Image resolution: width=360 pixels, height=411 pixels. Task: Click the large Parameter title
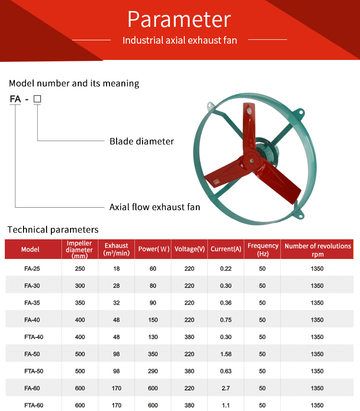(x=180, y=19)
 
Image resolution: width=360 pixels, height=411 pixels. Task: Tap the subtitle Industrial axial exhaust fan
(x=180, y=40)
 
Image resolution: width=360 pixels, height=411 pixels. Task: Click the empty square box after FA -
(x=37, y=99)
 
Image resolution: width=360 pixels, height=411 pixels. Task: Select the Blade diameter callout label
(x=142, y=141)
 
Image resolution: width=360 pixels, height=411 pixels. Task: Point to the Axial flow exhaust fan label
(x=155, y=207)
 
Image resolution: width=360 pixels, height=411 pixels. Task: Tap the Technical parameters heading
(x=53, y=230)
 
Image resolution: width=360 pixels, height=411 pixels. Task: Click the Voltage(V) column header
(x=190, y=249)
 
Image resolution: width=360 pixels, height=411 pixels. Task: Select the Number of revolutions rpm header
(x=318, y=250)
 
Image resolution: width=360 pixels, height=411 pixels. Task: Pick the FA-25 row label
(x=32, y=269)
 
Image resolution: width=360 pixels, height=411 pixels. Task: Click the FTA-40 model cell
(x=34, y=337)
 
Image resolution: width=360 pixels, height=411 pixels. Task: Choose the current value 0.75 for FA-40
(x=226, y=320)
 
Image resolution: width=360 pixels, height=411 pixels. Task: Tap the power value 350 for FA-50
(x=153, y=354)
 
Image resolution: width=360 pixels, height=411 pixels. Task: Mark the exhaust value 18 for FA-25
(x=117, y=269)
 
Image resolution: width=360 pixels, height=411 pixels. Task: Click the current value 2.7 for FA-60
(x=226, y=388)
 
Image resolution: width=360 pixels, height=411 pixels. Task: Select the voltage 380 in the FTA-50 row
(x=190, y=371)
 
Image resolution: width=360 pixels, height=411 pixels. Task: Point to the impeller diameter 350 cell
(x=80, y=303)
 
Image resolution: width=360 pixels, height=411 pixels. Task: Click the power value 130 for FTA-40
(x=153, y=337)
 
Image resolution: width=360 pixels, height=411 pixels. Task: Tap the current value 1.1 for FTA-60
(x=226, y=405)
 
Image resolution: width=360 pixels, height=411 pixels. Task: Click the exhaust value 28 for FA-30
(x=117, y=286)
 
